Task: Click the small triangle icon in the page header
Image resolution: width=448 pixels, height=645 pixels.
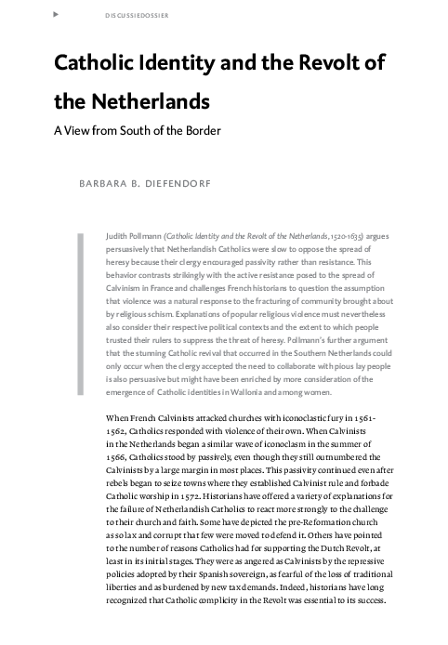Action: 58,16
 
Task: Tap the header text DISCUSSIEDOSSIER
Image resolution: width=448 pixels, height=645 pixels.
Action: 125,16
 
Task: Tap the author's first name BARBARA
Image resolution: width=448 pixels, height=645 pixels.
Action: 91,184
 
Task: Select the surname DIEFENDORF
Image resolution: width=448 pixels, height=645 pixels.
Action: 178,184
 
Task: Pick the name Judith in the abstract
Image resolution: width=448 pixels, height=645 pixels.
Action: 121,238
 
